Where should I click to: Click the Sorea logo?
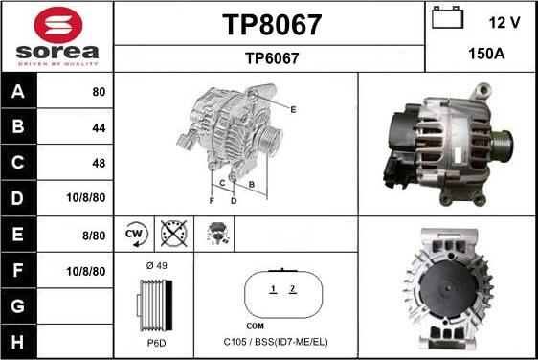[x=56, y=36]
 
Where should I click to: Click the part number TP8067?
[x=272, y=24]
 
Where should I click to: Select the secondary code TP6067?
[x=272, y=58]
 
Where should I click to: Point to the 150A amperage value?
[x=485, y=55]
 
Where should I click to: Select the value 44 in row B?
[x=100, y=127]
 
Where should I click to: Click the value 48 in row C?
[x=100, y=163]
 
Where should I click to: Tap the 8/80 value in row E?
[x=94, y=235]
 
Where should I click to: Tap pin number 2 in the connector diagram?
[x=293, y=288]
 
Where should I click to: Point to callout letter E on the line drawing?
[x=293, y=110]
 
